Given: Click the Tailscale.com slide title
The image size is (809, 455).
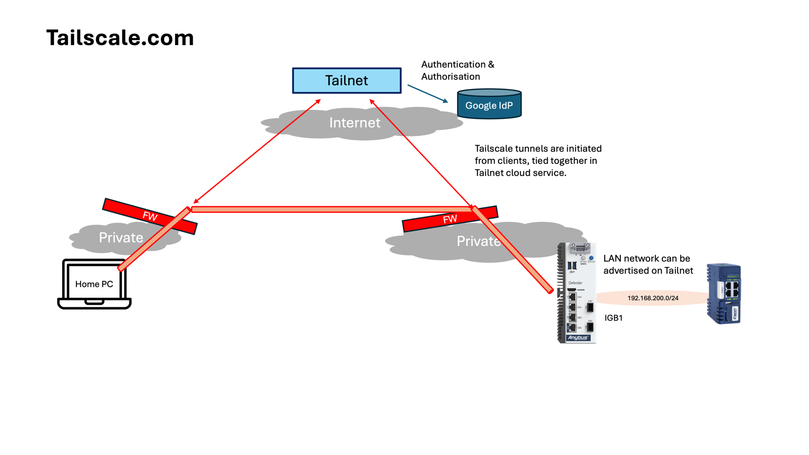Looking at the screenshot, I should (x=120, y=38).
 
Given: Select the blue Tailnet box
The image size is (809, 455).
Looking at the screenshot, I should (x=346, y=80).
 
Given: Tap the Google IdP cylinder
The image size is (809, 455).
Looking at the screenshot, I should (x=489, y=105).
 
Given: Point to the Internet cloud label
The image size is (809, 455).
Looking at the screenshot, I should (x=354, y=122).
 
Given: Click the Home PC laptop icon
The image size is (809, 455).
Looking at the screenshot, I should (x=94, y=284).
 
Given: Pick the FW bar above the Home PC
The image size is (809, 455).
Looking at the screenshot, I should (x=149, y=216).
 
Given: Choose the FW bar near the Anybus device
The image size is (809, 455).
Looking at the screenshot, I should (x=450, y=219).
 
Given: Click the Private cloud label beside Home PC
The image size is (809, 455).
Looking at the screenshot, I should (x=121, y=238).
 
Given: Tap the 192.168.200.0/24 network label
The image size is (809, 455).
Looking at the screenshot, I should (x=653, y=298).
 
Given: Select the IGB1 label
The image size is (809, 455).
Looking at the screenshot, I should (x=613, y=318).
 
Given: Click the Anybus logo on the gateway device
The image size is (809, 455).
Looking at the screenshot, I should (x=578, y=338).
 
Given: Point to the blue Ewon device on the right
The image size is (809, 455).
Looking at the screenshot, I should (x=724, y=293).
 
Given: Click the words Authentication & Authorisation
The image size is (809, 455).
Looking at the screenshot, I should (x=458, y=71).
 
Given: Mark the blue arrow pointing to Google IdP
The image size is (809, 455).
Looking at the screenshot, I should (x=428, y=94).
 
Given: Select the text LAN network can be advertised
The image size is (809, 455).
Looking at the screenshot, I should (x=648, y=264).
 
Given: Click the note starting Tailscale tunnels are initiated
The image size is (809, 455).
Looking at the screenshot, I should (x=538, y=161).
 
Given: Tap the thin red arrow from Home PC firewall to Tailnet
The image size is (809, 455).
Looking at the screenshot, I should (x=257, y=152).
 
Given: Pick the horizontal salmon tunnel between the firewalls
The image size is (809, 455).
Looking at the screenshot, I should (x=331, y=209).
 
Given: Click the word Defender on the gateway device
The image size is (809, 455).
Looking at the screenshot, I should (x=575, y=283).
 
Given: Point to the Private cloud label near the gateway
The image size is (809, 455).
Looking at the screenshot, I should (x=478, y=242).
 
